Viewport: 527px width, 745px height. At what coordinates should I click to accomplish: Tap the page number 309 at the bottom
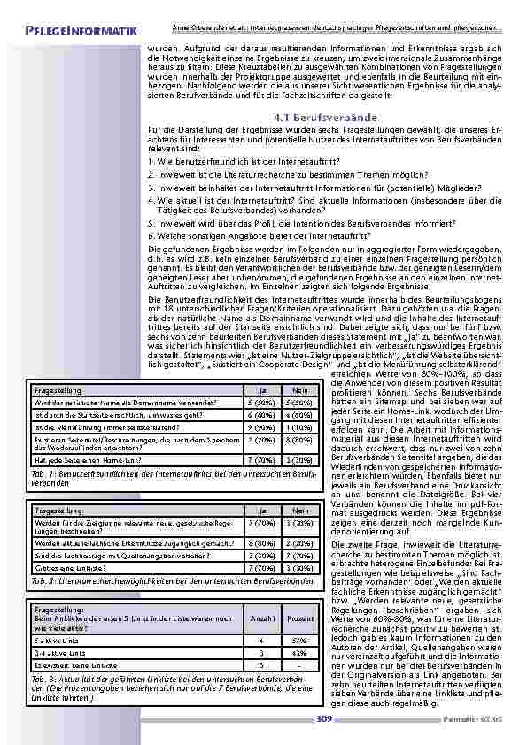pos(324,719)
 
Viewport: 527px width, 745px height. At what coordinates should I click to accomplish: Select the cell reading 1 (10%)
pos(301,427)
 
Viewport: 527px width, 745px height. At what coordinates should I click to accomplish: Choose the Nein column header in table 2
pos(301,511)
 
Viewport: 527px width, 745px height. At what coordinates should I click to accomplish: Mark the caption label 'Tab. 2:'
pos(43,581)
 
